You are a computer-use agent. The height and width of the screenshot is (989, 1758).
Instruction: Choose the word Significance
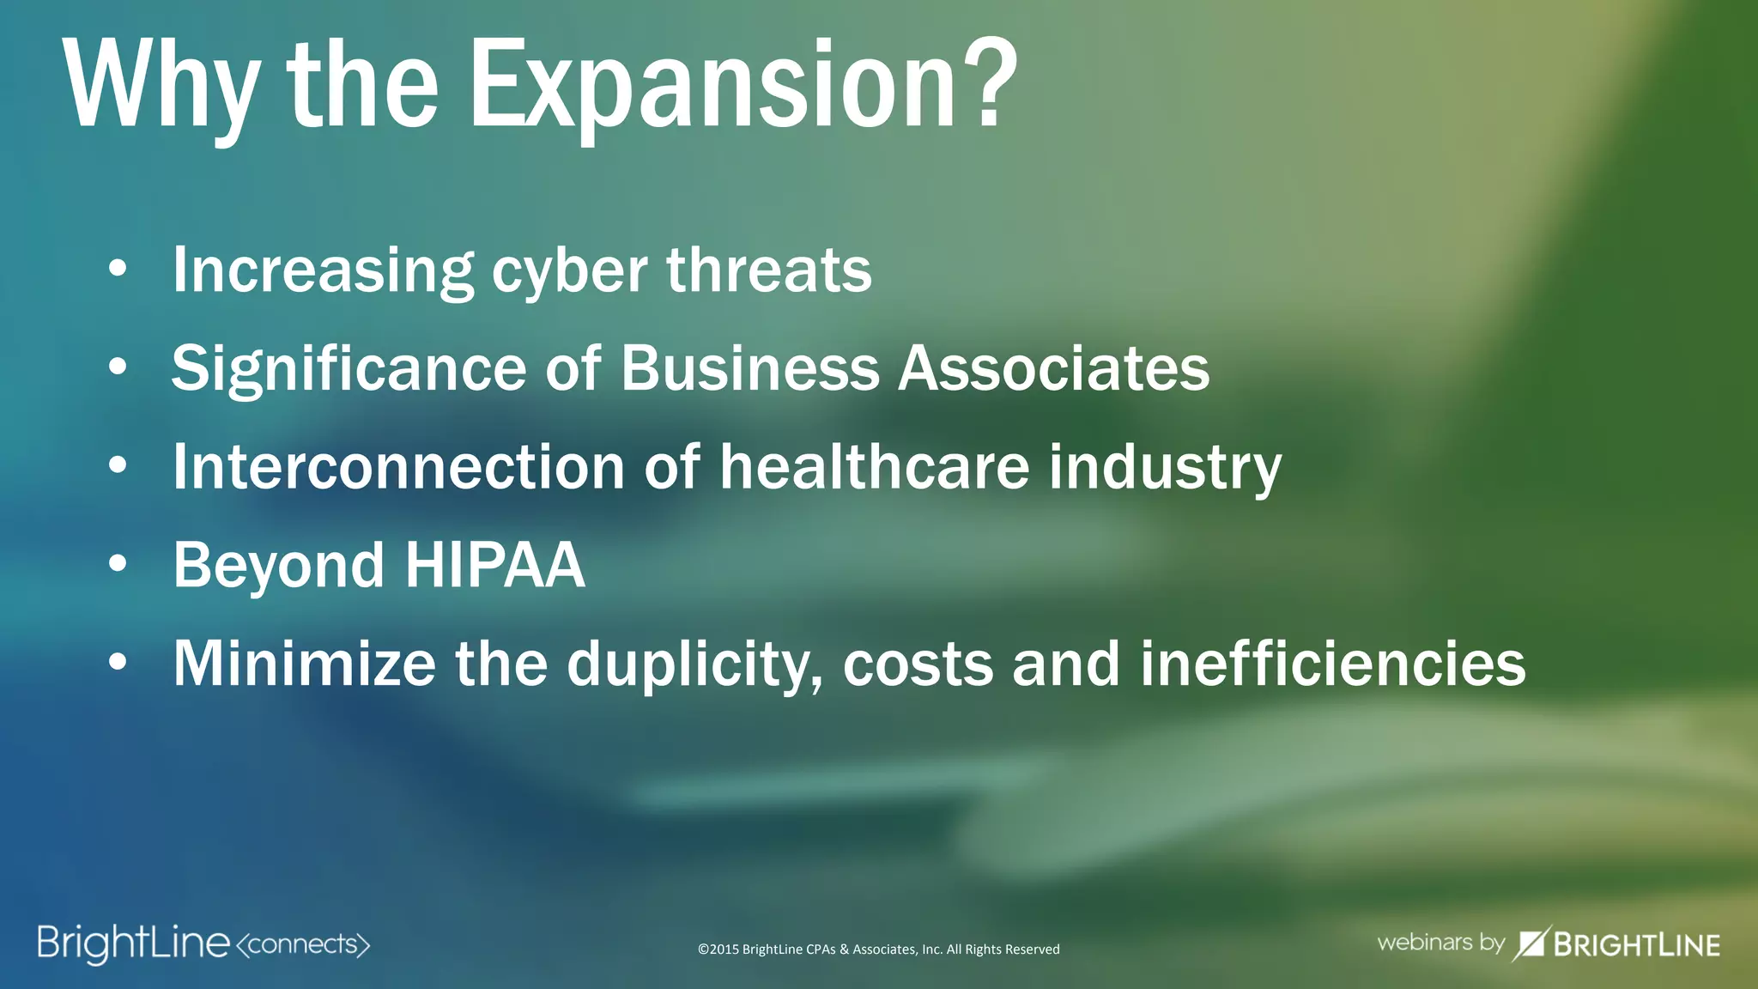tap(349, 369)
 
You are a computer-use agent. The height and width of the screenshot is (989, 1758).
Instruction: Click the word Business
tap(749, 369)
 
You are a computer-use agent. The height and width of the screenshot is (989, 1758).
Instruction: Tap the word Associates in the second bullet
tap(1053, 369)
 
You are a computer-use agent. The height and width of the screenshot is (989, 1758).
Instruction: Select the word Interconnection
tap(398, 467)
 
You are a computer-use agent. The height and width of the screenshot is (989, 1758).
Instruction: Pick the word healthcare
tap(874, 467)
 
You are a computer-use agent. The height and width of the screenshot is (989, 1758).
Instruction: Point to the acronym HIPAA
tap(494, 566)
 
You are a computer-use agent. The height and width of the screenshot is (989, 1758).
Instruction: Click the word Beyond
tap(278, 567)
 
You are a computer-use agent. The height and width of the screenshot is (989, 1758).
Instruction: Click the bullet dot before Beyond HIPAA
tap(118, 564)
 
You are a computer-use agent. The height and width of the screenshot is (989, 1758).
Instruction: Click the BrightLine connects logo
tap(203, 943)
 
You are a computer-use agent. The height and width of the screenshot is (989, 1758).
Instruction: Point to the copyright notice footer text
tap(878, 950)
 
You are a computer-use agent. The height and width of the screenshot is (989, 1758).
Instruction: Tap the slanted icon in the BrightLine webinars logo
tap(1531, 943)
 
